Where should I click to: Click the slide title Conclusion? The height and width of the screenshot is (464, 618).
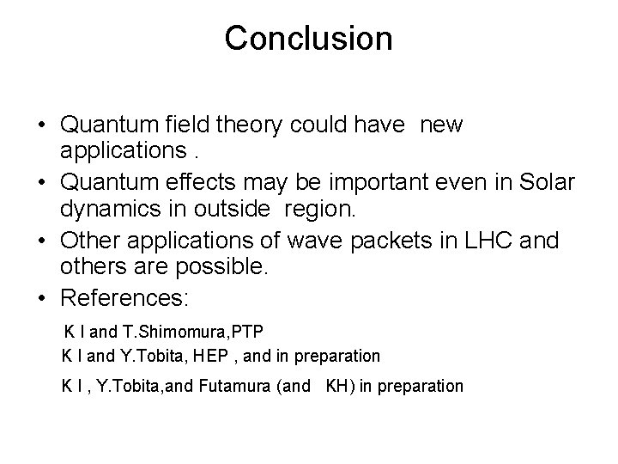click(x=308, y=38)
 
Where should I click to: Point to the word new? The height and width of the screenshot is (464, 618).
click(x=440, y=125)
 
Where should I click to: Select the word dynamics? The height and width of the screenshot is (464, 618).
click(x=106, y=208)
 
